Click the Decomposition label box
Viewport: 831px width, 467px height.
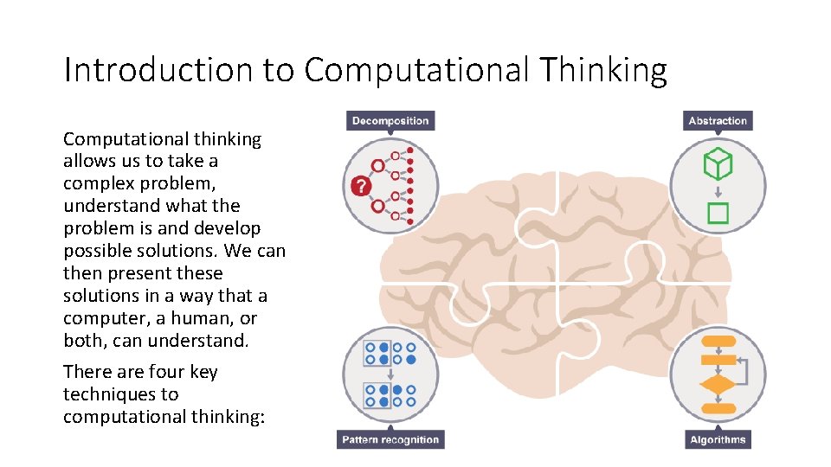pos(390,120)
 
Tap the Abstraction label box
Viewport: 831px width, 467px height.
pos(718,120)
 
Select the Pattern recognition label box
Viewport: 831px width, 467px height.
pos(390,439)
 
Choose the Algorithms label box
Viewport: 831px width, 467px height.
pos(718,439)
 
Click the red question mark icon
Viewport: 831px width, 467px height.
pos(360,186)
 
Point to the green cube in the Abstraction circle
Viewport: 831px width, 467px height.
pos(718,163)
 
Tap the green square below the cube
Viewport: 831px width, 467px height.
pos(718,212)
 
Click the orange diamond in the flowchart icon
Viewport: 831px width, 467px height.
pos(717,383)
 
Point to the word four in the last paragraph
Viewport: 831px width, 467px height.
pos(169,372)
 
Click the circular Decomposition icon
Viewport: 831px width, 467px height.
pos(390,186)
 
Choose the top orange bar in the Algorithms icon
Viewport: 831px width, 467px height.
pos(718,341)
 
